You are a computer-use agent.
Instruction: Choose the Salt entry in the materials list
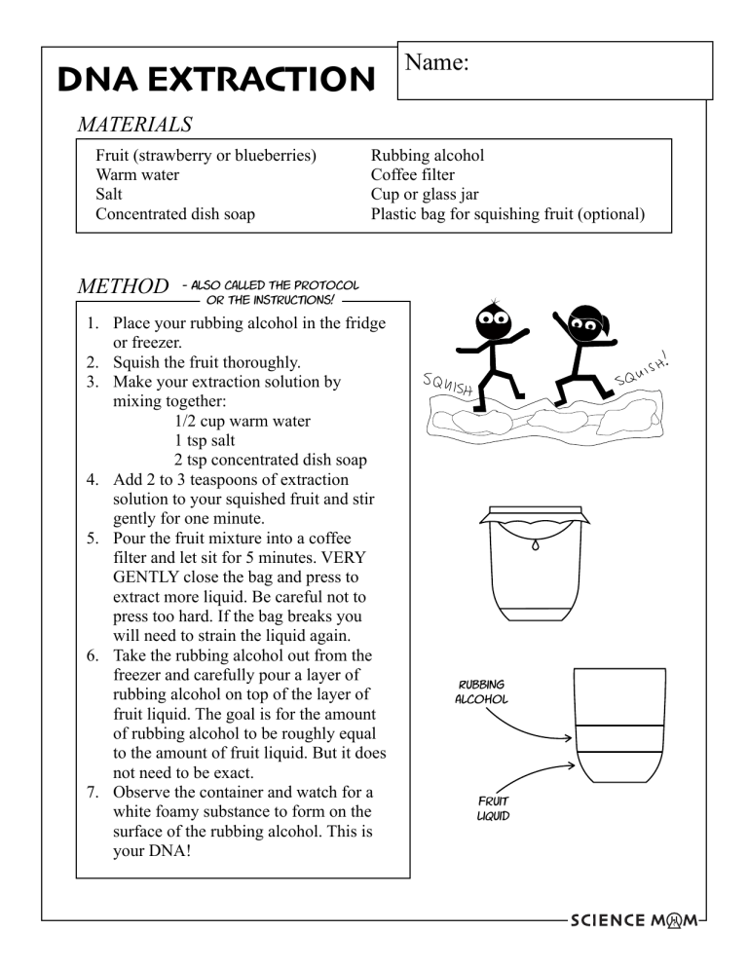[x=113, y=194]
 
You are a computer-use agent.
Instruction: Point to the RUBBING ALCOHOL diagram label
[x=474, y=691]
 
